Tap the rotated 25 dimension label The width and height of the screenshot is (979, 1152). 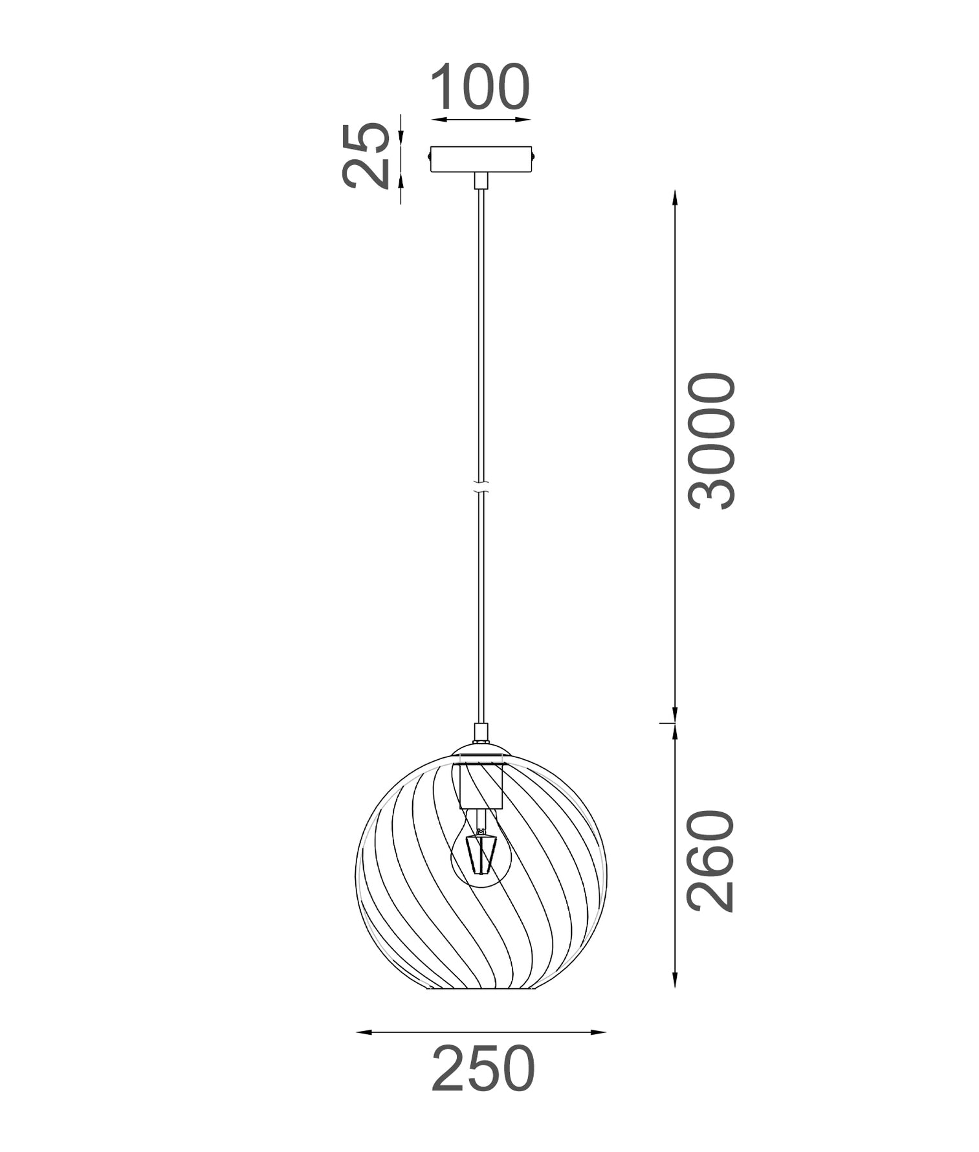coord(366,155)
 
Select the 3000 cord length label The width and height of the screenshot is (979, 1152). coord(712,441)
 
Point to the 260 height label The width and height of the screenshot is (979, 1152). coord(712,861)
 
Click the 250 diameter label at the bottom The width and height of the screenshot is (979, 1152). coord(483,1069)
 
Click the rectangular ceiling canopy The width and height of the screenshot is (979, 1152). coord(480,159)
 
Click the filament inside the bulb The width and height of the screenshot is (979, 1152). coord(479,853)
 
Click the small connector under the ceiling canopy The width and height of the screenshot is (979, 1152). coord(480,181)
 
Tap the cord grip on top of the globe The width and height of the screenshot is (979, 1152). coord(480,733)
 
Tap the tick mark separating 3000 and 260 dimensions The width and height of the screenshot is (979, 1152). coord(668,723)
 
